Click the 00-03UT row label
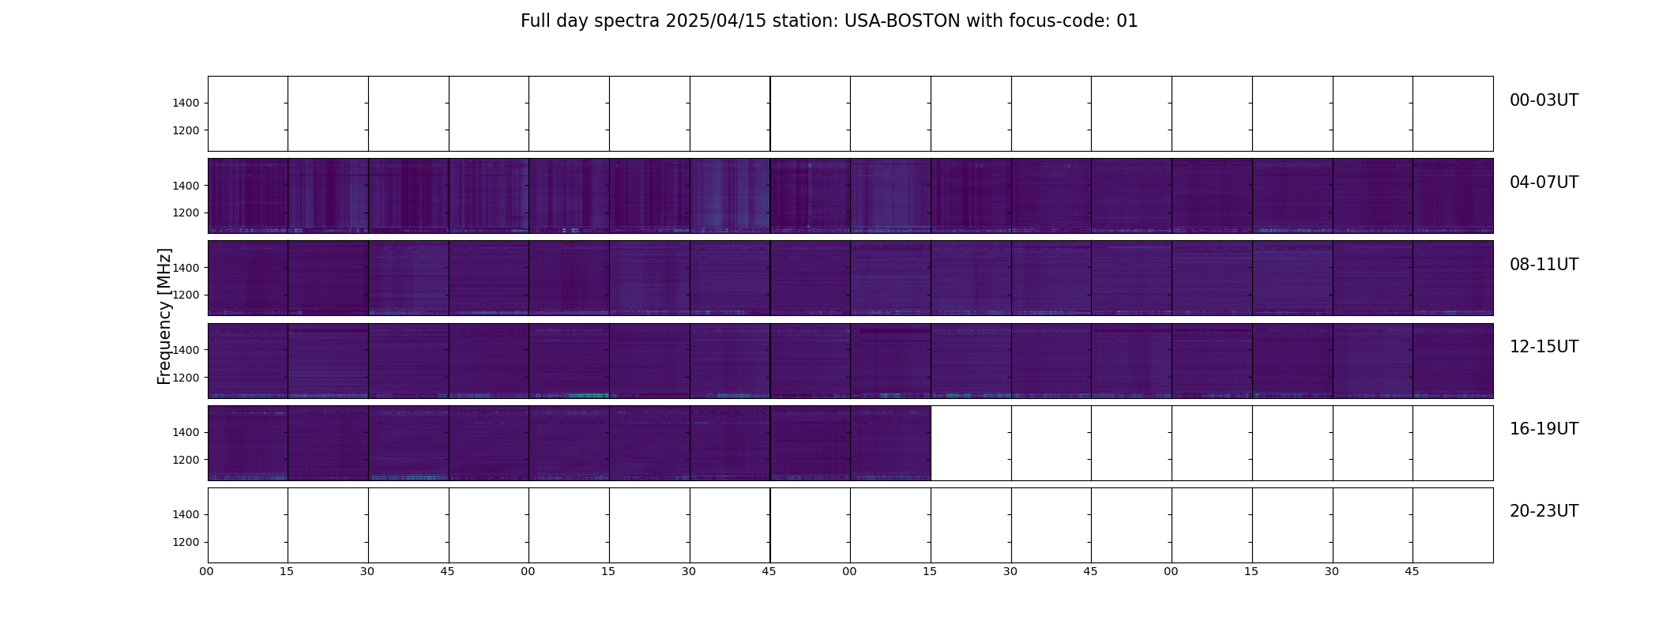1544,100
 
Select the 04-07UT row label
1544,182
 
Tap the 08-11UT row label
1544,265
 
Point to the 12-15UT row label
1544,347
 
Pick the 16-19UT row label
1544,429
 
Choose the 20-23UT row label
1544,511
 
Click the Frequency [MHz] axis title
164,316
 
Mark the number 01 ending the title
1127,21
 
